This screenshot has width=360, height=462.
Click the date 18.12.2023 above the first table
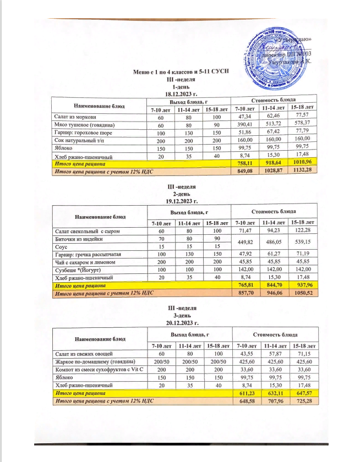[x=181, y=94]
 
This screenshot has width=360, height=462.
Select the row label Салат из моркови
[x=77, y=116]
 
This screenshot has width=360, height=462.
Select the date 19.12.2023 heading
[x=181, y=202]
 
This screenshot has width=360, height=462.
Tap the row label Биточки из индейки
[x=79, y=239]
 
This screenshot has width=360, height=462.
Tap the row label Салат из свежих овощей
[x=83, y=353]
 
